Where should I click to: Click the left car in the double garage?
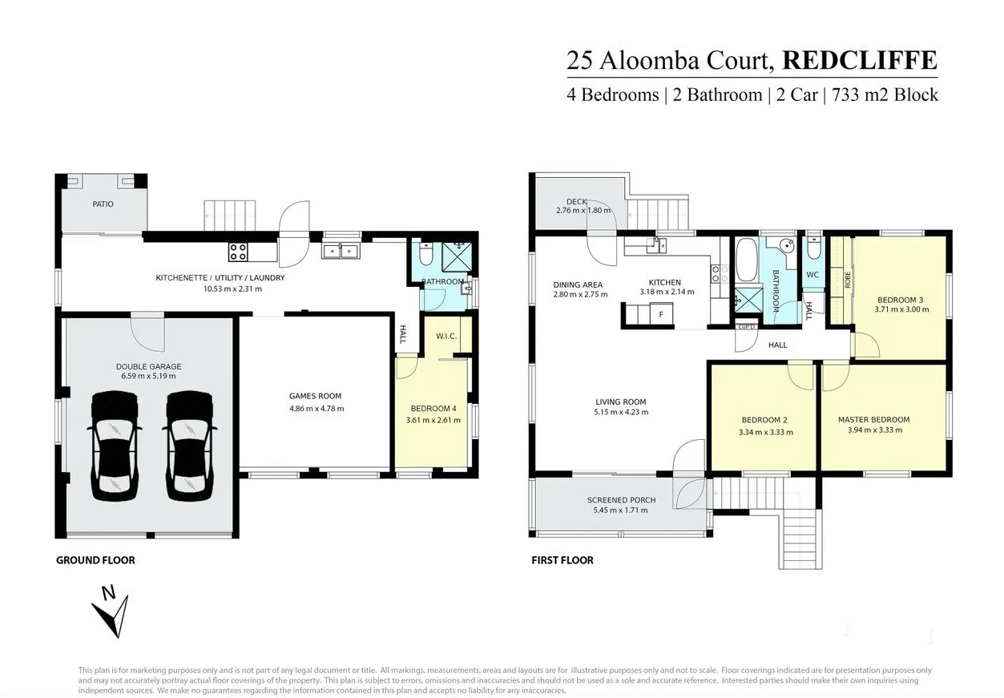coord(115,445)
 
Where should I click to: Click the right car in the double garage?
coord(189,445)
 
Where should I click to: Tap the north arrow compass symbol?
coord(110,612)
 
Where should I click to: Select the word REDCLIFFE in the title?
coord(859,61)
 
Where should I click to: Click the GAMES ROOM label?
coord(315,396)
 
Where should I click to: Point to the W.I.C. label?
coord(446,336)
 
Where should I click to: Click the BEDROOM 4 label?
coord(433,407)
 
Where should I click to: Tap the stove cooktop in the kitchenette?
coord(238,252)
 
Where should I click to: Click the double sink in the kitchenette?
coord(341,252)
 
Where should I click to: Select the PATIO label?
coord(103,204)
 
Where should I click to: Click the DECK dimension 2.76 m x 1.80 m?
coord(583,211)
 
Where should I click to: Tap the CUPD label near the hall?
coord(746,326)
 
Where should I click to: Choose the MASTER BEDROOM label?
coord(873,420)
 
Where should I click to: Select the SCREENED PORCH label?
coord(621,500)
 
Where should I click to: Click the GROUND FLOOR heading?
coord(95,560)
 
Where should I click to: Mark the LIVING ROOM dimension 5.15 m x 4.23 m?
coord(620,412)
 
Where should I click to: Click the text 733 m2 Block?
coord(885,95)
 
